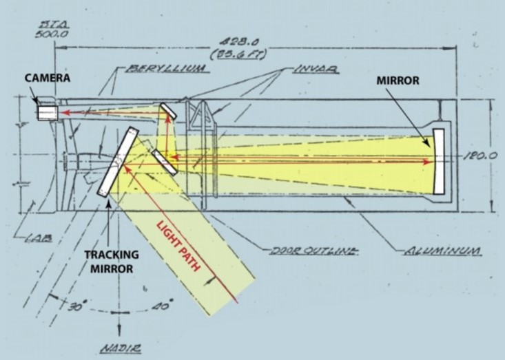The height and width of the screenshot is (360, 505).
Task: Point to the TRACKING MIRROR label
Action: [x=112, y=262]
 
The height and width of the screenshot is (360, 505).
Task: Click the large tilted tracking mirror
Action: [x=118, y=162]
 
